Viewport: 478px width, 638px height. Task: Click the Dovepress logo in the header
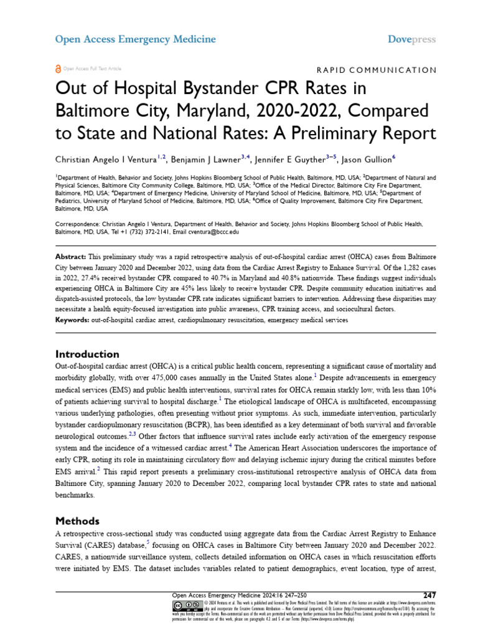click(411, 39)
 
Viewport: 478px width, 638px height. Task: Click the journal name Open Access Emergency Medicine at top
click(136, 39)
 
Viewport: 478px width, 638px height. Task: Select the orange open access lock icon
click(59, 69)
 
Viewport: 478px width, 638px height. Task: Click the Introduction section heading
click(87, 354)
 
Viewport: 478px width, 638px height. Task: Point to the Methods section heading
click(77, 520)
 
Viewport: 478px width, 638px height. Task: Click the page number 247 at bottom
click(429, 595)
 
